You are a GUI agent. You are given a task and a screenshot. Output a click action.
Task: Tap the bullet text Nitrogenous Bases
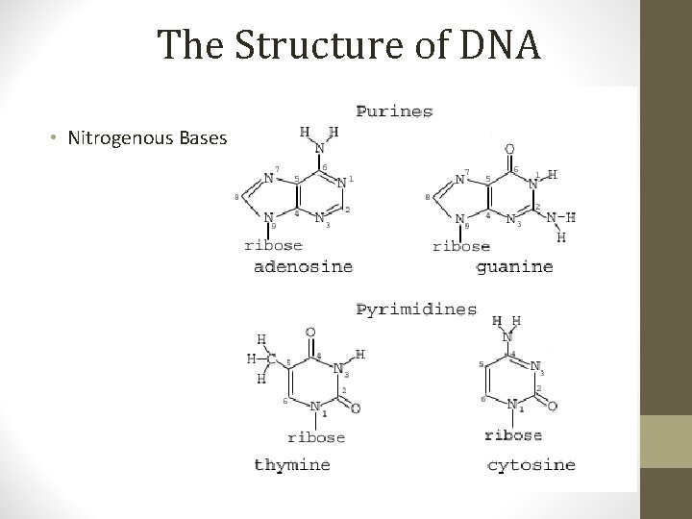pos(147,137)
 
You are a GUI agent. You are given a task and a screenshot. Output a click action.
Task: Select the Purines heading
pos(394,111)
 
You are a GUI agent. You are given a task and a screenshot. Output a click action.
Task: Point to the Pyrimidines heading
pos(416,309)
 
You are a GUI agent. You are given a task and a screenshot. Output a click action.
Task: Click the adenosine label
pos(303,266)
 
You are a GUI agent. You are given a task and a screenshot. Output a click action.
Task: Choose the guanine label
pos(514,266)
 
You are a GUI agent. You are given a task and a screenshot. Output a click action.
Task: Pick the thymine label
pos(291,464)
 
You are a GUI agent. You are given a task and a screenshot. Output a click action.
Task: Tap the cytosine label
pos(531,464)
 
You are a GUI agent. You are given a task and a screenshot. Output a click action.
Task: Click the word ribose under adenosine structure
pos(274,245)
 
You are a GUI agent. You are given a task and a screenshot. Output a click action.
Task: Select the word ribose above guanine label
pos(461,246)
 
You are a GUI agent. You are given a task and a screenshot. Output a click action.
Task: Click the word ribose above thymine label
pos(317,437)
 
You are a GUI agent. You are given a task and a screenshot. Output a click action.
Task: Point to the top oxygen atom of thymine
pos(309,333)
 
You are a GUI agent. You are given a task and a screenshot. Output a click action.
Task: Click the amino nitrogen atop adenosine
pos(320,149)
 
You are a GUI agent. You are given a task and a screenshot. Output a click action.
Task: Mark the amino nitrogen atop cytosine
pos(507,337)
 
